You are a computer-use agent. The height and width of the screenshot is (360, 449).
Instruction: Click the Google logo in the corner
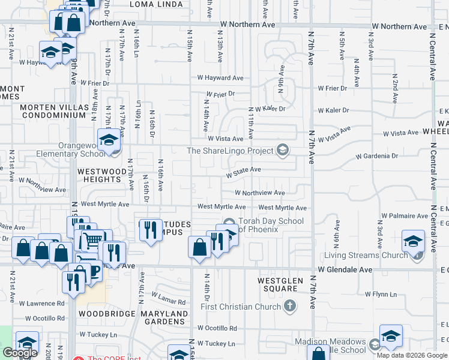(20, 353)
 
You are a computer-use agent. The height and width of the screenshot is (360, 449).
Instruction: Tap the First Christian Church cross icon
(290, 307)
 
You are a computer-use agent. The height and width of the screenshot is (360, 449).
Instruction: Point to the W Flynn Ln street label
(382, 294)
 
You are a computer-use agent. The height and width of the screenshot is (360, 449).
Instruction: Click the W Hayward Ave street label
(220, 78)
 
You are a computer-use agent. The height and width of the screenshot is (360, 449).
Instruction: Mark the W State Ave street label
(243, 170)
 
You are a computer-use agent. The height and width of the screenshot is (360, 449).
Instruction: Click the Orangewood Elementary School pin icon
(109, 140)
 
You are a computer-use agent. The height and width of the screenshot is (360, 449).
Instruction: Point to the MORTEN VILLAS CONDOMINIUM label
(53, 111)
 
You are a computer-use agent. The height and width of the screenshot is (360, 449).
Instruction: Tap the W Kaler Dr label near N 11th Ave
(270, 109)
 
